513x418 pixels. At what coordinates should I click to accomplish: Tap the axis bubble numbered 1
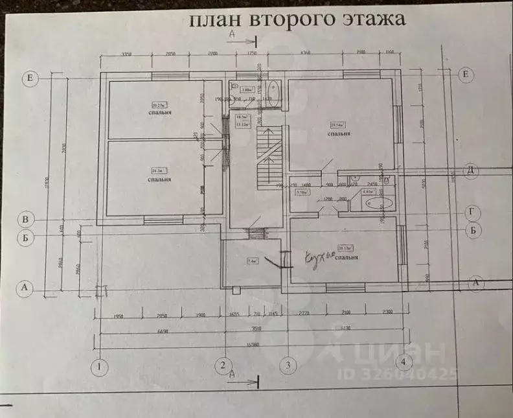click(x=99, y=367)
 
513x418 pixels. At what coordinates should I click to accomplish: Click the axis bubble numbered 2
click(x=223, y=365)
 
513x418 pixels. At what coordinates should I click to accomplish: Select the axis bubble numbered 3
click(x=288, y=365)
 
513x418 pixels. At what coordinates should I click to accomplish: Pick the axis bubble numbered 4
click(x=404, y=361)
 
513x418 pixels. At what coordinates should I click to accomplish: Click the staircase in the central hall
click(x=268, y=156)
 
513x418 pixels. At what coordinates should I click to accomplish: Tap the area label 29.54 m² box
click(x=338, y=125)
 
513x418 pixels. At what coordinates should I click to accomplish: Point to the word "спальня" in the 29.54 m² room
click(x=339, y=134)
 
